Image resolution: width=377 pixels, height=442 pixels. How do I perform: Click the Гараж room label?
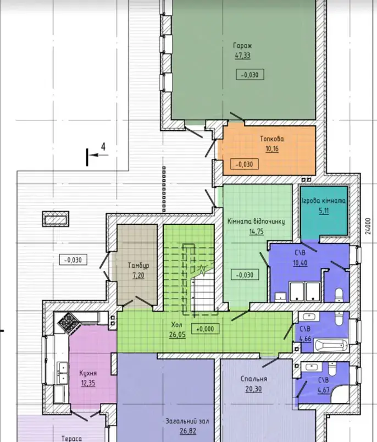242,46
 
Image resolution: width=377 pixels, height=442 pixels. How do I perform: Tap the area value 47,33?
242,55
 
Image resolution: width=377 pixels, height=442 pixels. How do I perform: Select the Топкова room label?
272,139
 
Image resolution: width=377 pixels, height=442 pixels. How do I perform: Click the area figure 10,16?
272,148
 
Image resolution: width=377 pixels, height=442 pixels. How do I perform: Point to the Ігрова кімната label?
324,201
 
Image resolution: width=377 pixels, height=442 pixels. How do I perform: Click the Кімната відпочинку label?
256,222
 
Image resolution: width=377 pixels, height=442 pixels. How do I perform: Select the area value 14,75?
257,231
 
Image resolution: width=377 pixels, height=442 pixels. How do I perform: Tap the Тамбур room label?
138,266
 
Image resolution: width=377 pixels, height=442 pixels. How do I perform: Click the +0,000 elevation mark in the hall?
206,329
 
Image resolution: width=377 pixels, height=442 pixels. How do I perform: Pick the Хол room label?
177,325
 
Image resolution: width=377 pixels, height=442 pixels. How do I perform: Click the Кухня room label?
88,373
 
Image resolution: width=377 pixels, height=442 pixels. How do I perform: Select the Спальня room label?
253,379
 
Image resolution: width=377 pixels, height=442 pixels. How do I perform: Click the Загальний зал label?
187,421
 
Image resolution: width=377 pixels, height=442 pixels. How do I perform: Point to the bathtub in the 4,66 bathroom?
331,346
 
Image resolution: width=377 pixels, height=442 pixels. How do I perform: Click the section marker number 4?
103,147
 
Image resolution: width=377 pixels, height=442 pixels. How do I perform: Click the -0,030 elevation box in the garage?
250,75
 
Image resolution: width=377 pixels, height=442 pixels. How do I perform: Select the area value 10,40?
300,263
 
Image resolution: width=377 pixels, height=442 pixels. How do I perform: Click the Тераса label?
72,438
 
